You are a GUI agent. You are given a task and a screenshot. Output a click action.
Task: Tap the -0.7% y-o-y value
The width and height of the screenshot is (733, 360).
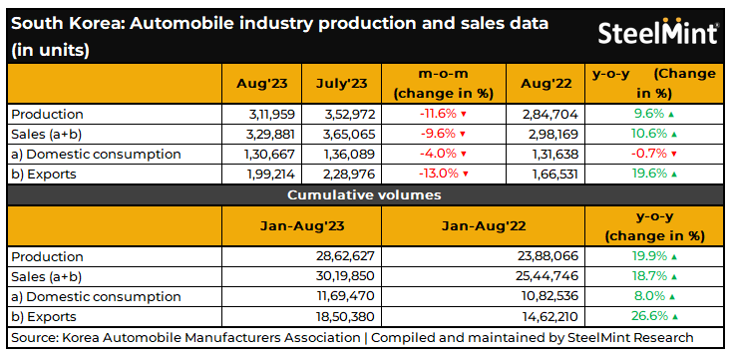(649, 154)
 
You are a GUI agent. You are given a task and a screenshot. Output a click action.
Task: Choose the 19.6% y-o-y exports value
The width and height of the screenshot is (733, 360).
(649, 174)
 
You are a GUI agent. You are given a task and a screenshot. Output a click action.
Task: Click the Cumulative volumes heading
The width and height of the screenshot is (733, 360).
(365, 194)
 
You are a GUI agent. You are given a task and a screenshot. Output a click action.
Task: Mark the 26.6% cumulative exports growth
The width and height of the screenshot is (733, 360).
(649, 316)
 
